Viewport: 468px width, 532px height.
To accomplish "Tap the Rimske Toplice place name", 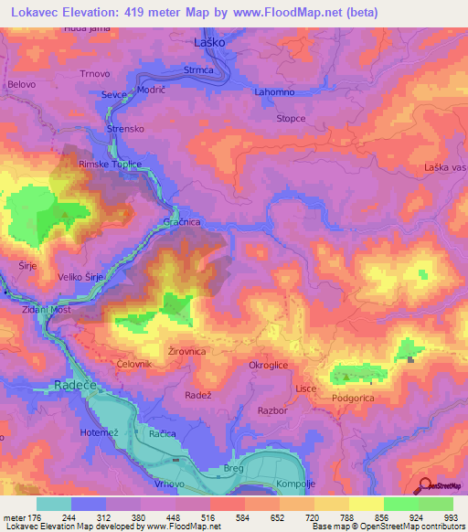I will [110, 164].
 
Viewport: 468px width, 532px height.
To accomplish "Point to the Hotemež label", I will [100, 431].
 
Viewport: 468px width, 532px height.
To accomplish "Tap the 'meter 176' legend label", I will [20, 516].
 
